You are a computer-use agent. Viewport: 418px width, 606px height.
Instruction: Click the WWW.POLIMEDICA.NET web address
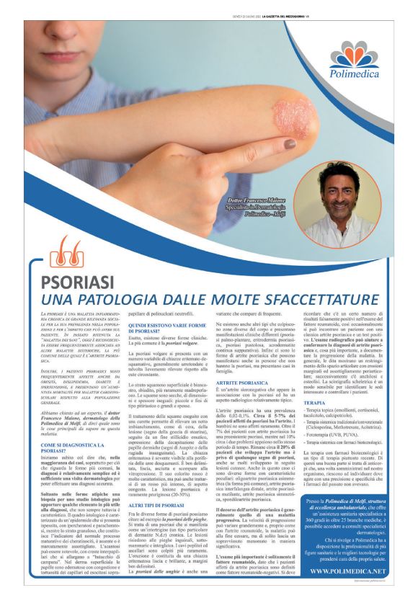pyautogui.click(x=348, y=571)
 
